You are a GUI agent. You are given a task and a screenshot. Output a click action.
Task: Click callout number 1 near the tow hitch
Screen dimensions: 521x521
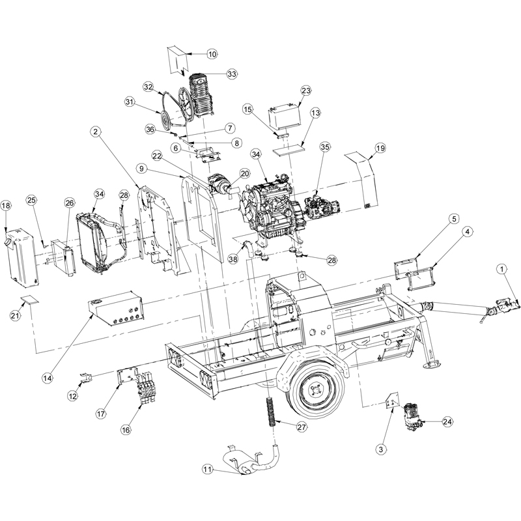[502, 268]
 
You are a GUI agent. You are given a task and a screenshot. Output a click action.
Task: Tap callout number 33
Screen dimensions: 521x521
[232, 74]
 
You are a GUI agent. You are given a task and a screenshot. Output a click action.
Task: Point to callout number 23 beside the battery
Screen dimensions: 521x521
[307, 91]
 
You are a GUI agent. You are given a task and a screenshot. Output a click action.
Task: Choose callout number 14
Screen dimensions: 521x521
[48, 377]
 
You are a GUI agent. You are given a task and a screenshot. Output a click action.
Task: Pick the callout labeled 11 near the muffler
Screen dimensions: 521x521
[207, 469]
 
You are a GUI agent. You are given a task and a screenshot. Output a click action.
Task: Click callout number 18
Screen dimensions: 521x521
[6, 206]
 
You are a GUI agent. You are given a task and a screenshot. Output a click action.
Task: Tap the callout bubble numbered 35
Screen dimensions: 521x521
[325, 147]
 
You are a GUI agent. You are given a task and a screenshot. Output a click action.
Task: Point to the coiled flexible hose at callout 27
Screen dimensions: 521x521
[269, 411]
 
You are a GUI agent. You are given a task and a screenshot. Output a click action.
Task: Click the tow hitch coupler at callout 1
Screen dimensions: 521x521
[505, 303]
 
